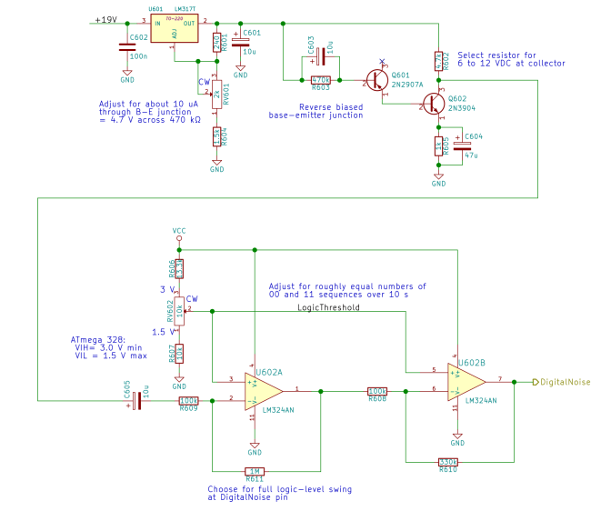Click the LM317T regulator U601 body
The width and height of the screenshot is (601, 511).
pyautogui.click(x=175, y=28)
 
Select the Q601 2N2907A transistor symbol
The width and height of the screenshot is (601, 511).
pyautogui.click(x=377, y=80)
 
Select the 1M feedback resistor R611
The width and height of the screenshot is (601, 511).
pyautogui.click(x=255, y=470)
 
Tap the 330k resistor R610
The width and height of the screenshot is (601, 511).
pyautogui.click(x=448, y=462)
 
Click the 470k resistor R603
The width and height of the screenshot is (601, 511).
pyautogui.click(x=320, y=79)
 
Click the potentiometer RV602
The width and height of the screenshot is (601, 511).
pyautogui.click(x=179, y=311)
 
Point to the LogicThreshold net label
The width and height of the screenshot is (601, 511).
pyautogui.click(x=328, y=307)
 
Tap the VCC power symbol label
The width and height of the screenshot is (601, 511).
pyautogui.click(x=179, y=231)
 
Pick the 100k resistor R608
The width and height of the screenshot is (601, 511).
pyautogui.click(x=377, y=390)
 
